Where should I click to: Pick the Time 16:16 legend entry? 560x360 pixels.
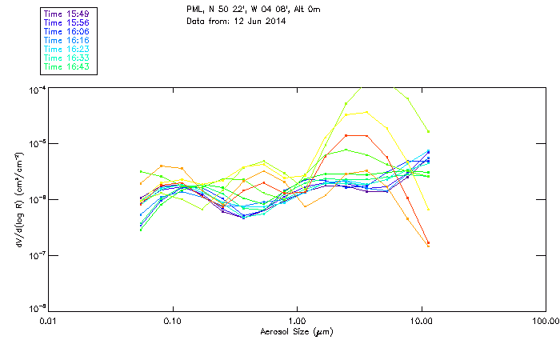(66, 41)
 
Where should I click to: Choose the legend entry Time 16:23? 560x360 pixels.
(66, 50)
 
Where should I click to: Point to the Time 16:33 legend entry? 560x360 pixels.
(66, 58)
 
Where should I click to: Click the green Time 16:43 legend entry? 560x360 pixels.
(66, 67)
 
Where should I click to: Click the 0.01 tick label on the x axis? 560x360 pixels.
(49, 322)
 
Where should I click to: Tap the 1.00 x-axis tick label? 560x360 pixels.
(298, 322)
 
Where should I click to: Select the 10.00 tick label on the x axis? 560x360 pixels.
(422, 322)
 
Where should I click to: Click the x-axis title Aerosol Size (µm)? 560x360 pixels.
(298, 331)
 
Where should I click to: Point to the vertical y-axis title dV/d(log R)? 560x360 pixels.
(18, 200)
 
